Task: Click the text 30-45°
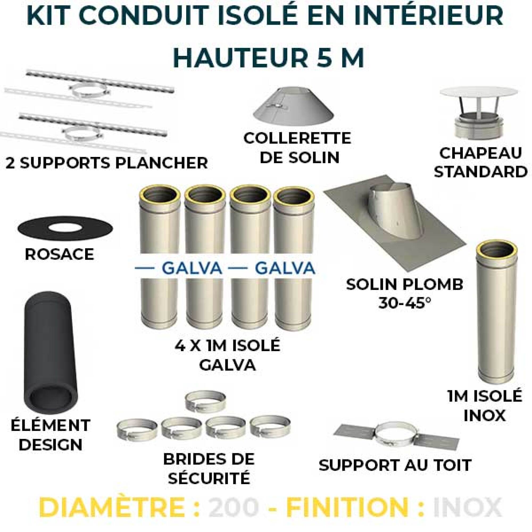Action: tap(404, 304)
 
